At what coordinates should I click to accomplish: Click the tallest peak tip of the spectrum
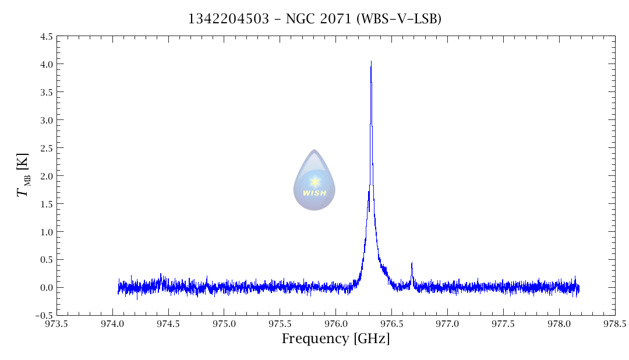pyautogui.click(x=371, y=62)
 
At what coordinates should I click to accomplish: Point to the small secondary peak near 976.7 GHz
pyautogui.click(x=412, y=264)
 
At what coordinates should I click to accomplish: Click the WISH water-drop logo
pyautogui.click(x=314, y=180)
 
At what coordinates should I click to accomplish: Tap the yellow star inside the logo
pyautogui.click(x=315, y=182)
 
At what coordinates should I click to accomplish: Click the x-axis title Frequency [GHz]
pyautogui.click(x=335, y=339)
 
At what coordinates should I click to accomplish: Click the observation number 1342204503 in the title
pyautogui.click(x=228, y=19)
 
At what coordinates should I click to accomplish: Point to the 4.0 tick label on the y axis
pyautogui.click(x=47, y=64)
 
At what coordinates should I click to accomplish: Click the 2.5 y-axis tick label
pyautogui.click(x=47, y=148)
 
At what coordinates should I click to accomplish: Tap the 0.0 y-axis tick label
pyautogui.click(x=47, y=288)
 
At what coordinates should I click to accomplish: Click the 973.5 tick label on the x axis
pyautogui.click(x=56, y=324)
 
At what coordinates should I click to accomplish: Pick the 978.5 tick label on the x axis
pyautogui.click(x=615, y=324)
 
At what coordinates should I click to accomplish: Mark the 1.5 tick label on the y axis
pyautogui.click(x=47, y=204)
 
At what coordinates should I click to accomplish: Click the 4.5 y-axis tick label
pyautogui.click(x=47, y=37)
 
